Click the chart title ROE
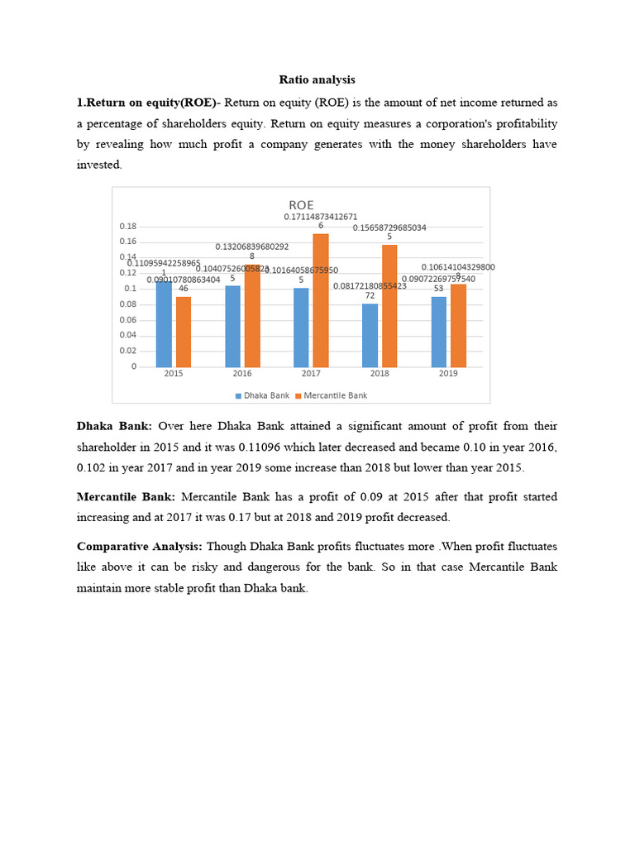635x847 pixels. (301, 204)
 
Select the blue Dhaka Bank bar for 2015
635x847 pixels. (165, 324)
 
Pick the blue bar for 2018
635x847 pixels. (370, 335)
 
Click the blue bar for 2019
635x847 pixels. (439, 332)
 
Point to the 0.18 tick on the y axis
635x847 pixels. (128, 227)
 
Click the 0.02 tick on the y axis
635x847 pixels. (128, 351)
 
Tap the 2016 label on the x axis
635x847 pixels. (242, 374)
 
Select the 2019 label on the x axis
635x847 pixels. (448, 374)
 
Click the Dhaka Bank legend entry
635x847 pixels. (262, 395)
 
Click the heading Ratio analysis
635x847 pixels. (317, 80)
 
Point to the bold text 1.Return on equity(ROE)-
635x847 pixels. (148, 103)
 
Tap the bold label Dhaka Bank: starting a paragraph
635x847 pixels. (114, 426)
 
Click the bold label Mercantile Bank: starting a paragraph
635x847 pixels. (126, 496)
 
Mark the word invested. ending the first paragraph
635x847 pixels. (99, 165)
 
